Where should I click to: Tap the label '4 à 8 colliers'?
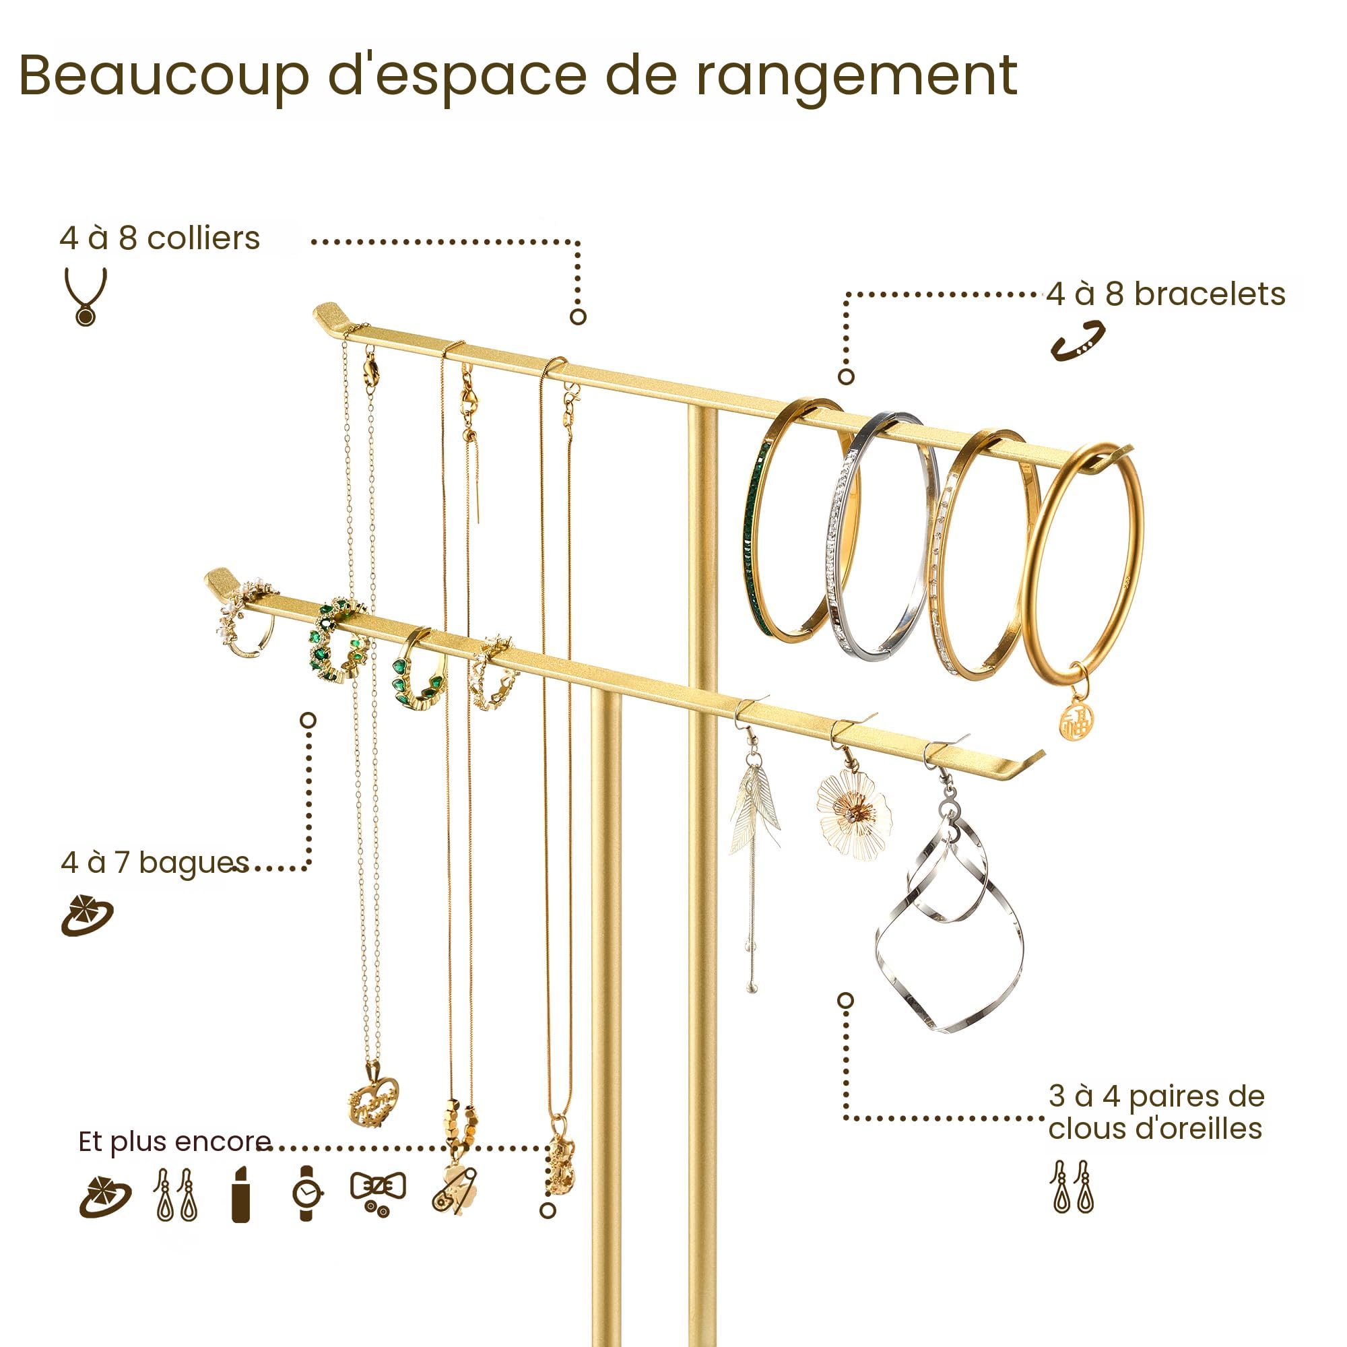click(x=160, y=238)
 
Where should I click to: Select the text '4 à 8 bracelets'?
click(x=1166, y=294)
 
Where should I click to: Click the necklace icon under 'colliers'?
click(x=86, y=296)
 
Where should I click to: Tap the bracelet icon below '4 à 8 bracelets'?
click(x=1078, y=341)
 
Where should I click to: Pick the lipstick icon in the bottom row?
click(x=240, y=1193)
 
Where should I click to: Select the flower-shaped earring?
click(x=853, y=813)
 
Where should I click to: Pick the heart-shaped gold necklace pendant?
click(x=373, y=1102)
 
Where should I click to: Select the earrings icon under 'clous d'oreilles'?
click(x=1072, y=1187)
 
